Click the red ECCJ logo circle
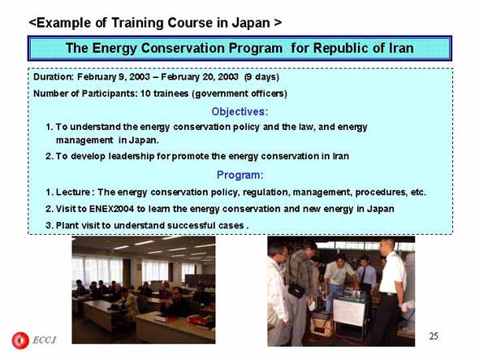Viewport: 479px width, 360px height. click(x=20, y=340)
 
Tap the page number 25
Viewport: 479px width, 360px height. click(x=434, y=336)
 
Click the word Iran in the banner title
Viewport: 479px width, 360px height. click(x=401, y=48)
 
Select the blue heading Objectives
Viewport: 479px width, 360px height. click(x=239, y=111)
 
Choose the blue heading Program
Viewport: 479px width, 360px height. click(x=239, y=175)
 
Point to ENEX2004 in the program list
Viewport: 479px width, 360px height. click(x=111, y=209)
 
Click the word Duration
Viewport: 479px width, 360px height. click(x=54, y=76)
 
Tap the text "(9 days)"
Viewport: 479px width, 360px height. click(x=261, y=76)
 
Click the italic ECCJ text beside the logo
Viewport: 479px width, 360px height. click(x=45, y=340)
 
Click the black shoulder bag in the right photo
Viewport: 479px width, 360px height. click(x=296, y=290)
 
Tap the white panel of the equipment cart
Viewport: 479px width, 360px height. click(x=348, y=312)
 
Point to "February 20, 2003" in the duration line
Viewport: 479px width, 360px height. click(x=200, y=76)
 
